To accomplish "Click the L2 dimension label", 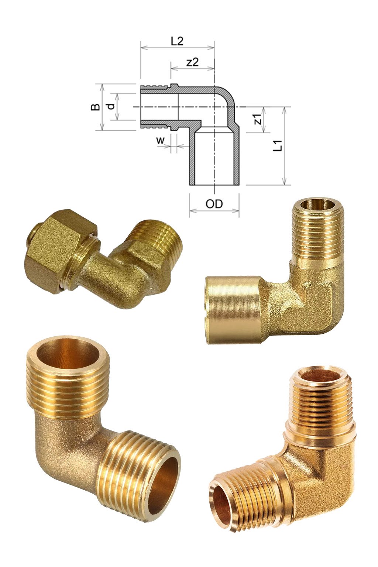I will pos(177,41).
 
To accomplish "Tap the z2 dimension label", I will pos(192,62).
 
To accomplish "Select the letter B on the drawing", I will pos(96,107).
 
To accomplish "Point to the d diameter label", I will pos(110,107).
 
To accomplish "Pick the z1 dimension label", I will pos(258,119).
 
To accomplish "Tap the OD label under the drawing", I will pos(214,204).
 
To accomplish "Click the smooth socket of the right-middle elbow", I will pos(233,310).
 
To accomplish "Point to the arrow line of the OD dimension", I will pos(214,211).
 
